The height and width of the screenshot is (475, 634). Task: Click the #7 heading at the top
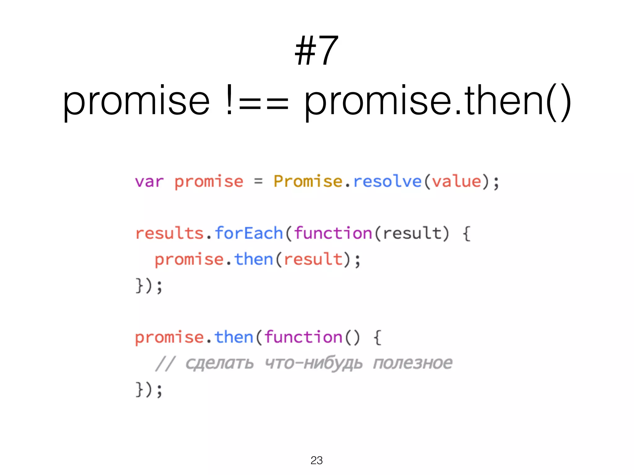[316, 50]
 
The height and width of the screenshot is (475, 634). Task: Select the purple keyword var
[149, 182]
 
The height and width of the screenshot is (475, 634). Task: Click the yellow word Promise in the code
[308, 181]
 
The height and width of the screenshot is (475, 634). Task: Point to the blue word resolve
[387, 182]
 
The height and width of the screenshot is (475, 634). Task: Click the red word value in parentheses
[457, 182]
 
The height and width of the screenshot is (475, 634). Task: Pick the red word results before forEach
[169, 233]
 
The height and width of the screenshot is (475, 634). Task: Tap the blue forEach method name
[249, 233]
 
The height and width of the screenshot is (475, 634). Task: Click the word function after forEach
[333, 233]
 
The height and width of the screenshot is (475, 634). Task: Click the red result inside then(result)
[313, 259]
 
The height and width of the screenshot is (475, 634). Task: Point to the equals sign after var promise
[258, 182]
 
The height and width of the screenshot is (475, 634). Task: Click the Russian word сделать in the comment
[219, 363]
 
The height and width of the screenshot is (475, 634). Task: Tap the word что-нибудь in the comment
[314, 363]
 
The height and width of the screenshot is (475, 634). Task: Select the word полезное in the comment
[413, 363]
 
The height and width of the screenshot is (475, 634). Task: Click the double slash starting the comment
[165, 363]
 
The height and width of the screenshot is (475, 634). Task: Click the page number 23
[317, 460]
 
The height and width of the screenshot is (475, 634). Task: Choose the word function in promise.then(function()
[303, 337]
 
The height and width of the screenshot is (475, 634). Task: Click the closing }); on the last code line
[149, 389]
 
